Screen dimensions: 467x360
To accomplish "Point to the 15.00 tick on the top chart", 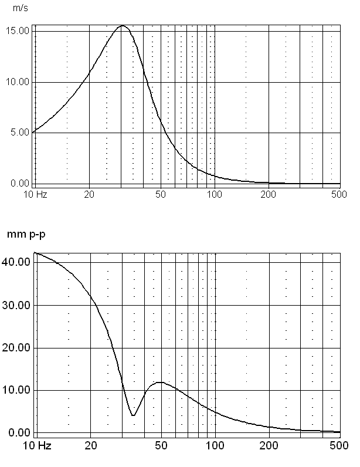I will [x=18, y=31].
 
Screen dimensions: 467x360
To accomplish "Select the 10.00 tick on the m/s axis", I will [x=18, y=82].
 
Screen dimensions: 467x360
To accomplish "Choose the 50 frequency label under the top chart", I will [x=161, y=194].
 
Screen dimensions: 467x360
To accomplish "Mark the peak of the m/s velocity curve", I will [x=123, y=26].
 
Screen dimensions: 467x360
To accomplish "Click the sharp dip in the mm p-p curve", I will [x=133, y=415].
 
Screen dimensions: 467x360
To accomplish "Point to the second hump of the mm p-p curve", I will [x=159, y=383].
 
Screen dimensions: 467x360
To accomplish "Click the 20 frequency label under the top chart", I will [x=89, y=194].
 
